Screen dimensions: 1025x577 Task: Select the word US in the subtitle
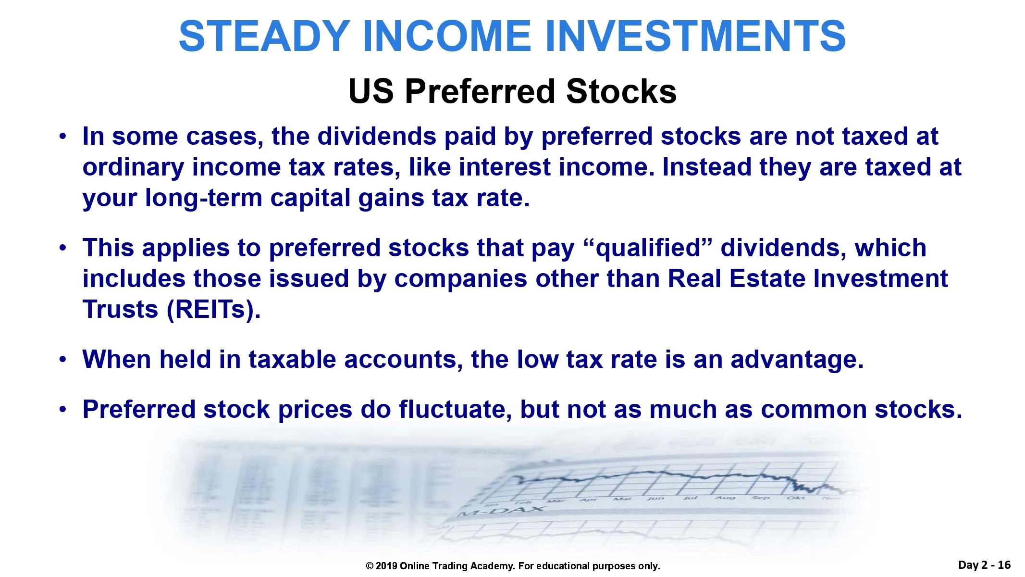[x=371, y=91]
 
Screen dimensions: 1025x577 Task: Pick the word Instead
[x=707, y=167]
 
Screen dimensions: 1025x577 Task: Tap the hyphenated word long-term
[x=204, y=199]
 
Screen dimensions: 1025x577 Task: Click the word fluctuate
[x=455, y=410]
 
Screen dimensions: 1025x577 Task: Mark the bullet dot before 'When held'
[x=62, y=360]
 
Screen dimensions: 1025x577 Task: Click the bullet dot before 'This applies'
[x=62, y=249]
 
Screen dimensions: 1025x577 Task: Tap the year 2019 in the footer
[x=386, y=566]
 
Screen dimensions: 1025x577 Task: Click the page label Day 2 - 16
[x=984, y=565]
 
